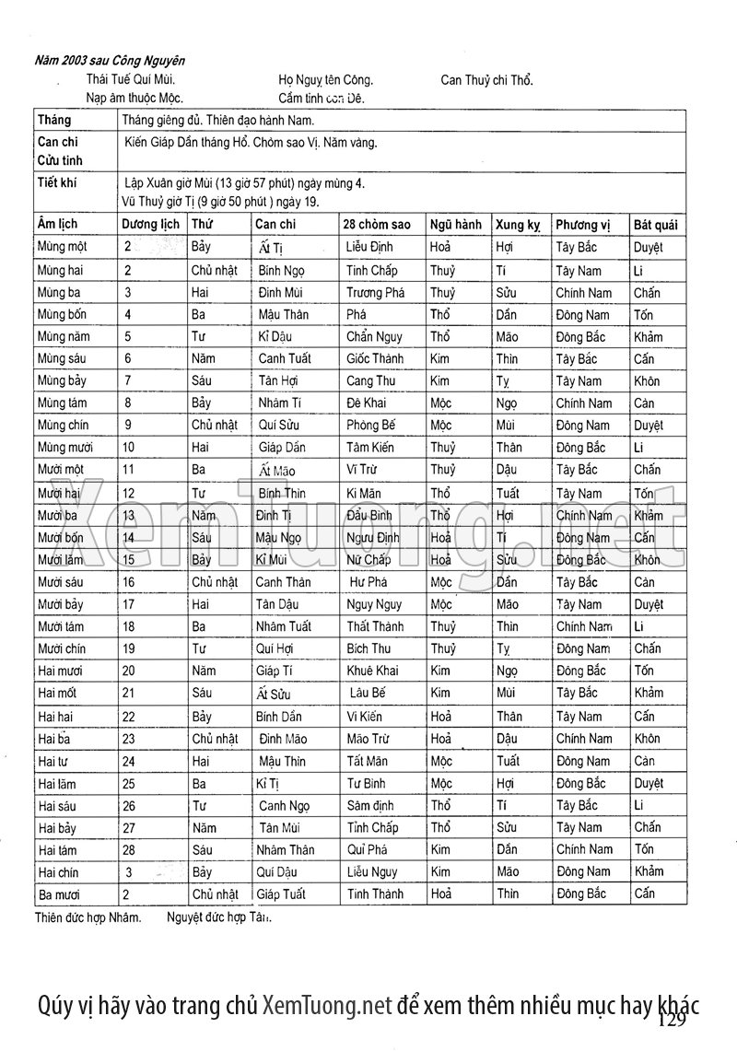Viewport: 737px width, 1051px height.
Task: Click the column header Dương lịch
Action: coord(151,225)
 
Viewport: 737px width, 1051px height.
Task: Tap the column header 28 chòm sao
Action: coord(376,225)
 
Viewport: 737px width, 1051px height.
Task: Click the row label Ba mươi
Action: coord(58,893)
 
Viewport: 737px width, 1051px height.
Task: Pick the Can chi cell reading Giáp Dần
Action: coord(282,448)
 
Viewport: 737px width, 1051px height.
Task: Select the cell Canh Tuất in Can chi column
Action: coord(285,358)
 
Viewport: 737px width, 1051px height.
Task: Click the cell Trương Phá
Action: coord(375,293)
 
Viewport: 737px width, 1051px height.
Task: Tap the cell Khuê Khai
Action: coord(373,671)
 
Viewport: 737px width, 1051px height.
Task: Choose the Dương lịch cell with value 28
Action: coord(129,849)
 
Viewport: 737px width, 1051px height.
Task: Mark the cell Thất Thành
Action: coord(375,626)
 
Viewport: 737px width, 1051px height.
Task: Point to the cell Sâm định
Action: coord(371,805)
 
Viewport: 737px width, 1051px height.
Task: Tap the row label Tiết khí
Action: coord(57,182)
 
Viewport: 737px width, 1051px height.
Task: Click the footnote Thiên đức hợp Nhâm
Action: coord(88,917)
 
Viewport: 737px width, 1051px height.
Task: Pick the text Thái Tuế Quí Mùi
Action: coord(131,80)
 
